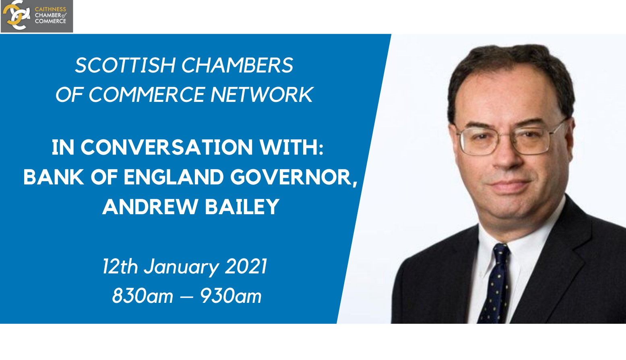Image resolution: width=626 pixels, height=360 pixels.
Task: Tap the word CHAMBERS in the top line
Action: pyautogui.click(x=237, y=65)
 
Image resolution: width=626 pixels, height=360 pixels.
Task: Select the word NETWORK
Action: pyautogui.click(x=262, y=95)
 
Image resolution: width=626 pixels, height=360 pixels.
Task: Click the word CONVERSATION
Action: pyautogui.click(x=167, y=147)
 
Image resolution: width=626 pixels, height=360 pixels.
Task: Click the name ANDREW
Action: pyautogui.click(x=151, y=207)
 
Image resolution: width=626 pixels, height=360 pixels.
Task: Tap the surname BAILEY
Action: pyautogui.click(x=242, y=207)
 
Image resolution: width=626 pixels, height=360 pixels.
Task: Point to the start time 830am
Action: pyautogui.click(x=143, y=296)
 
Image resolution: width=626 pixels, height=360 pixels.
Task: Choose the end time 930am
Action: pyautogui.click(x=231, y=296)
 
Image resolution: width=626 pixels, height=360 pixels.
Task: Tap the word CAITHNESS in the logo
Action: pyautogui.click(x=50, y=9)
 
